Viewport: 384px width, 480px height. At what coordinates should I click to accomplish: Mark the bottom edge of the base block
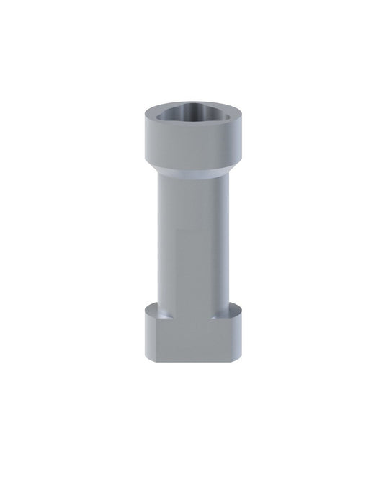(192, 360)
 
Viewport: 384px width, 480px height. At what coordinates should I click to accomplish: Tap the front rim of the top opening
(192, 125)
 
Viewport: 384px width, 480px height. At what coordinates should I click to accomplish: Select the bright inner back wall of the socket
(192, 108)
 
